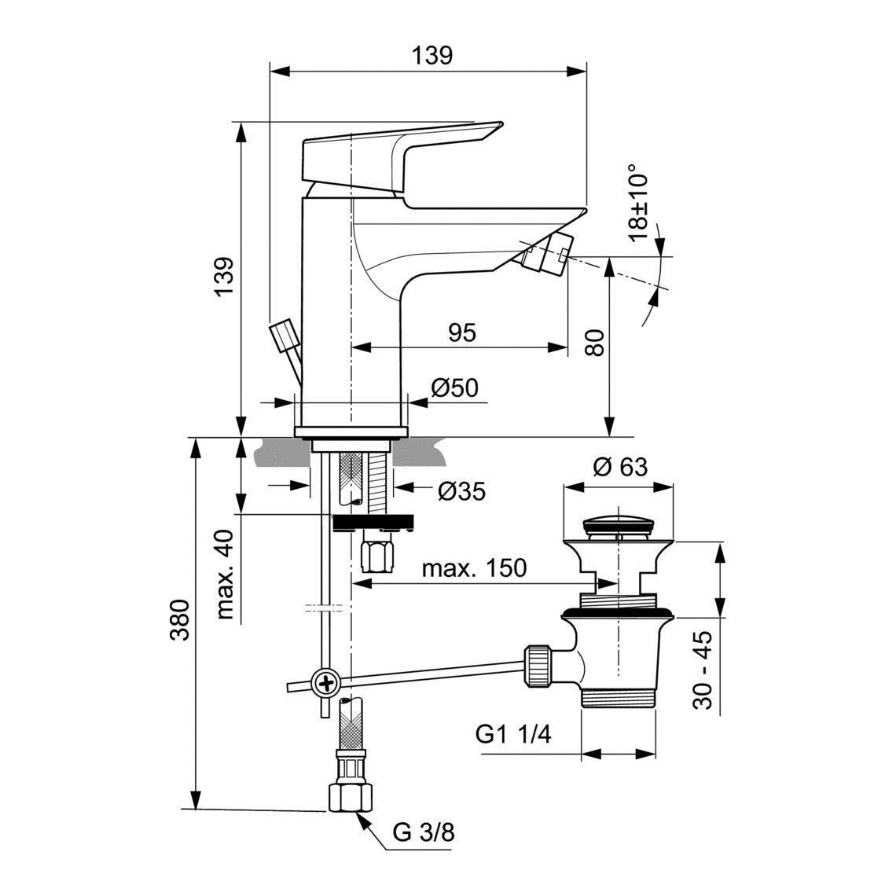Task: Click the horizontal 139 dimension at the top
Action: [431, 55]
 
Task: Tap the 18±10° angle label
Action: [638, 201]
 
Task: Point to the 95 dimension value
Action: [462, 332]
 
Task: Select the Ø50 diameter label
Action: [454, 387]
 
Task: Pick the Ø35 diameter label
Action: [461, 492]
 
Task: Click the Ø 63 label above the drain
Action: [620, 467]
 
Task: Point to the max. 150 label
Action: [474, 567]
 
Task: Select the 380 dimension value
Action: [179, 622]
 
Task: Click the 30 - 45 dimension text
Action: [705, 670]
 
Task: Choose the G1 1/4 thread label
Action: [514, 735]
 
